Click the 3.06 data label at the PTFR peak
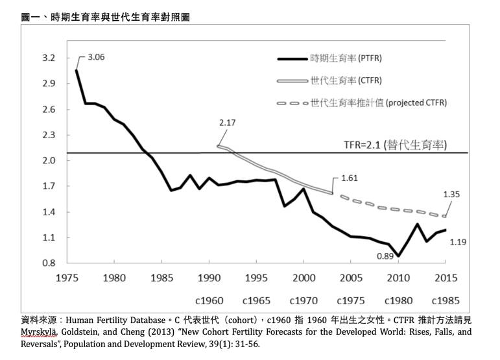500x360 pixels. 95,57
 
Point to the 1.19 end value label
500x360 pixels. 457,241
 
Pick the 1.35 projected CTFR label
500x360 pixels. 453,193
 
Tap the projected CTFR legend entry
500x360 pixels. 379,102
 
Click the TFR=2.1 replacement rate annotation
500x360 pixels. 396,145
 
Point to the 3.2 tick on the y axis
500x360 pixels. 48,58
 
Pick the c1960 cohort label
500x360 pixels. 209,301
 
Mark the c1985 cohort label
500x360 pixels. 446,301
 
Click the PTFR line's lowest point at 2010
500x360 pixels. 399,256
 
